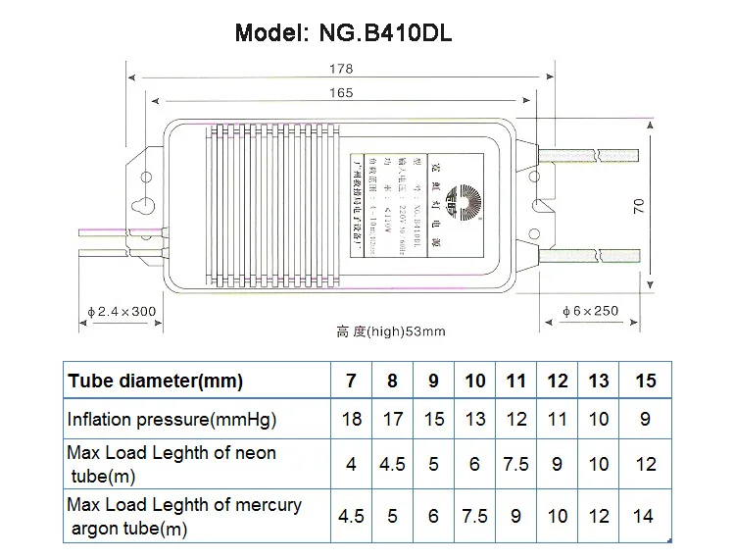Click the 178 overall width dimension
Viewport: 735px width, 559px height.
coord(341,71)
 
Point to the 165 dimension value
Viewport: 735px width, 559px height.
coord(342,93)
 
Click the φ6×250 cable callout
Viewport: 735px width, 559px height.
coord(591,311)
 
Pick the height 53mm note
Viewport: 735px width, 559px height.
coord(391,331)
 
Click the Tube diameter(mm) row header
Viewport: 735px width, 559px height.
coord(155,380)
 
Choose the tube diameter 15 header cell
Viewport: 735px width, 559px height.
coord(645,380)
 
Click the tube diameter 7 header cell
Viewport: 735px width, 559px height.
coord(352,380)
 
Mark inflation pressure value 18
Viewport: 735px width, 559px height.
coord(352,420)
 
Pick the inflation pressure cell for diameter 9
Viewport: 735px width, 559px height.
coord(434,420)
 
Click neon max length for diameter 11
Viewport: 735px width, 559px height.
coord(516,464)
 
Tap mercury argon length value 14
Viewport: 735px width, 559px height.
coord(645,516)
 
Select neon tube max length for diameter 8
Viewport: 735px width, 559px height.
coord(393,464)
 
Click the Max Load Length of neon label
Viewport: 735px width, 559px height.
coord(171,464)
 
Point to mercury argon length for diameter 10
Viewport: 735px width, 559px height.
coord(474,516)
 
